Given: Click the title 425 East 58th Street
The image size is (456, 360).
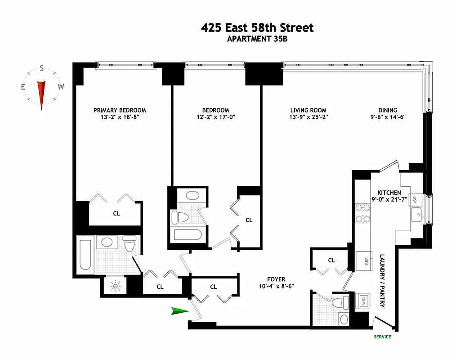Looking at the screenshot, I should pyautogui.click(x=257, y=28).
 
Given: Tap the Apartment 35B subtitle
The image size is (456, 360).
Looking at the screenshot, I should pyautogui.click(x=257, y=39).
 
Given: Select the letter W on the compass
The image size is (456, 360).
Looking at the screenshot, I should pyautogui.click(x=61, y=87).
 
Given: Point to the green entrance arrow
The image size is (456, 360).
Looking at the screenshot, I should pyautogui.click(x=180, y=310).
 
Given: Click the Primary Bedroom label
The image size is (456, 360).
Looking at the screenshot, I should pyautogui.click(x=120, y=110).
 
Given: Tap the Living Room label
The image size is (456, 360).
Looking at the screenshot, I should pyautogui.click(x=308, y=110).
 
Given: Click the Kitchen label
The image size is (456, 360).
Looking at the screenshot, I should pyautogui.click(x=389, y=193).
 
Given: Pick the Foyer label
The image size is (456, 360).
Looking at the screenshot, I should pyautogui.click(x=275, y=279).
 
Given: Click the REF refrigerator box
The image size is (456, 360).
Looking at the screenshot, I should pyautogui.click(x=362, y=261).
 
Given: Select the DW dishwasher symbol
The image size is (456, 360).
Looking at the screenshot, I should pyautogui.click(x=415, y=199).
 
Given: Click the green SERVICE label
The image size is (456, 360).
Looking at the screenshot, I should pyautogui.click(x=382, y=337).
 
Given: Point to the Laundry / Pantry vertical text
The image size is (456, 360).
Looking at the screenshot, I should pyautogui.click(x=382, y=281).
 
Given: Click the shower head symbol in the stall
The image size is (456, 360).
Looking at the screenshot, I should pyautogui.click(x=116, y=286).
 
